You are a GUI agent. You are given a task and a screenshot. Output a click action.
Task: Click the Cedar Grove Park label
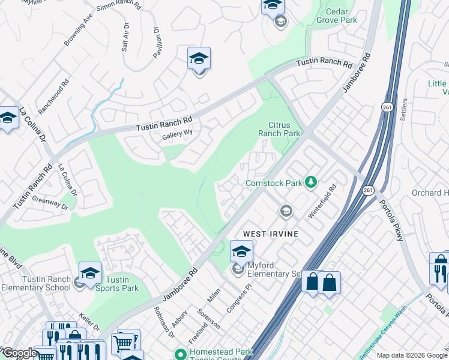341,16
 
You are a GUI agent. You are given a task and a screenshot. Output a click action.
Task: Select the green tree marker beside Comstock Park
310,182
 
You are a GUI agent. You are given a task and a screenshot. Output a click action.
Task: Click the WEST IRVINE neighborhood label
270,232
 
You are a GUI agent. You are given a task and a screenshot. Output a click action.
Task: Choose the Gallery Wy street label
176,136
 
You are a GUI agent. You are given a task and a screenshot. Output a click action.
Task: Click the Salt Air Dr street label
125,37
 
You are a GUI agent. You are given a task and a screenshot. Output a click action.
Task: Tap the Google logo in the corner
19,352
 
